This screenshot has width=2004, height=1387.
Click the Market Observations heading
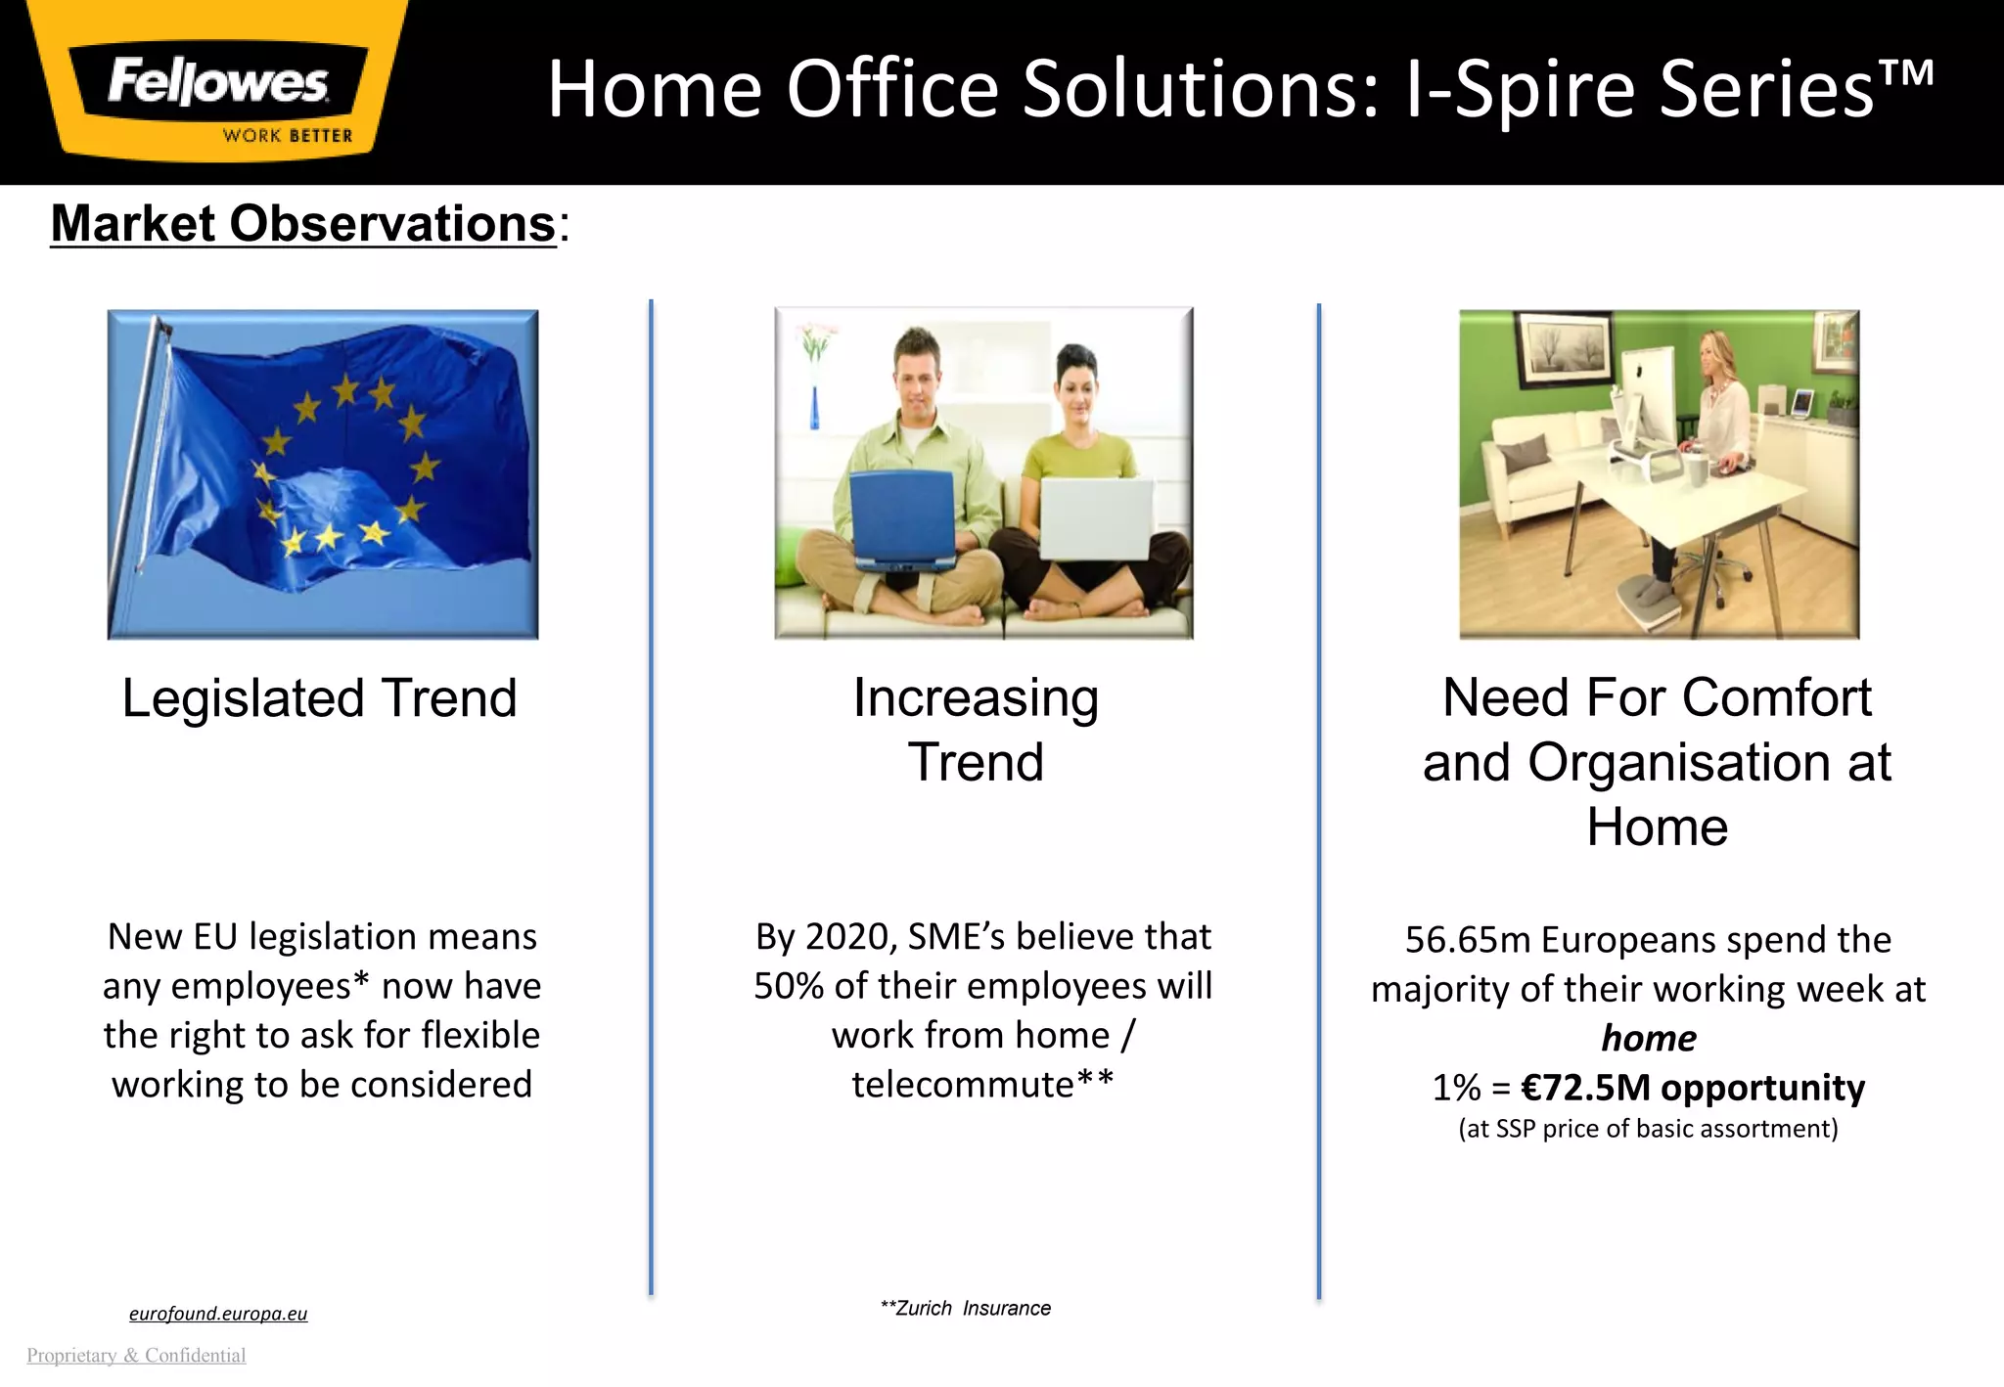[303, 224]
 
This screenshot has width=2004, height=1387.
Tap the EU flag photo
[323, 474]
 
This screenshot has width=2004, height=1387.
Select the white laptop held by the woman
[1096, 518]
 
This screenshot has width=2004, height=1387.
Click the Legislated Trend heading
[319, 698]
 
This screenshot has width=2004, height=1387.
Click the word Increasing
[976, 698]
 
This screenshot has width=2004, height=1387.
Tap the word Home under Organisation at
[1657, 827]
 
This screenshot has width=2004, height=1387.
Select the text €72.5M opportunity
[1693, 1088]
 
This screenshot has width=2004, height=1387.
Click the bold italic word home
[1649, 1039]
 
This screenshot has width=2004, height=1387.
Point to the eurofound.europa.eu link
[218, 1314]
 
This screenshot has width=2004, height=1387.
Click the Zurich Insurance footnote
[966, 1309]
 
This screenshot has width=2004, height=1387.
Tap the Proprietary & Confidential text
[136, 1356]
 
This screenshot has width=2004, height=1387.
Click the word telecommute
[963, 1085]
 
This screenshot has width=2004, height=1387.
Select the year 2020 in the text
[846, 937]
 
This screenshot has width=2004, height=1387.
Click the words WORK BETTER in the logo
[287, 136]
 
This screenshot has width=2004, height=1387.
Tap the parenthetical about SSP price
[1648, 1129]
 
